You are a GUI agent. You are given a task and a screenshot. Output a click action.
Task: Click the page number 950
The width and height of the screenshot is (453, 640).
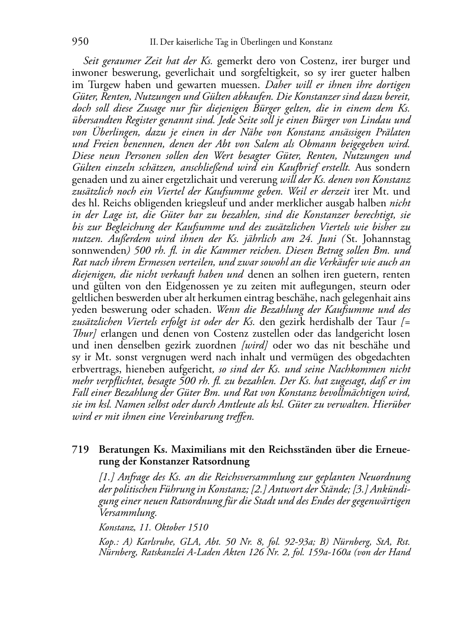point(80,42)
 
